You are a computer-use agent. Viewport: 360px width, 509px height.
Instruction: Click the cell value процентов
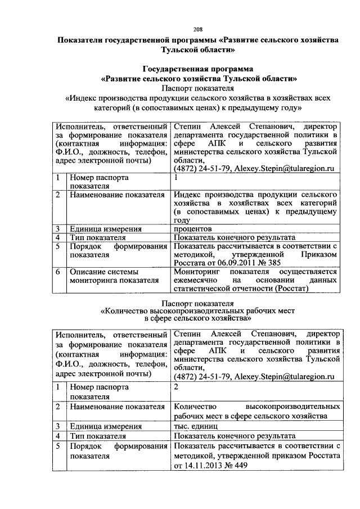[192, 229]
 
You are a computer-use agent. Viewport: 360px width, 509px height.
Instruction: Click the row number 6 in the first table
[58, 272]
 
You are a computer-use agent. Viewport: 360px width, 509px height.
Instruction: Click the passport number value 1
[177, 177]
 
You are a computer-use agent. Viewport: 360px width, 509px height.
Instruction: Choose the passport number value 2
[177, 387]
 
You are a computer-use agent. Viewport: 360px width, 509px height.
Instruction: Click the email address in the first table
[285, 168]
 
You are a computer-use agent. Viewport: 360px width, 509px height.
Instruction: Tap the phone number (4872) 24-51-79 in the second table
[202, 376]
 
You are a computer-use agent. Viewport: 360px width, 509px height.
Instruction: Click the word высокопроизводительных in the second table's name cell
[294, 406]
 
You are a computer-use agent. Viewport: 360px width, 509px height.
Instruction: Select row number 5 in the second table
[58, 446]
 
